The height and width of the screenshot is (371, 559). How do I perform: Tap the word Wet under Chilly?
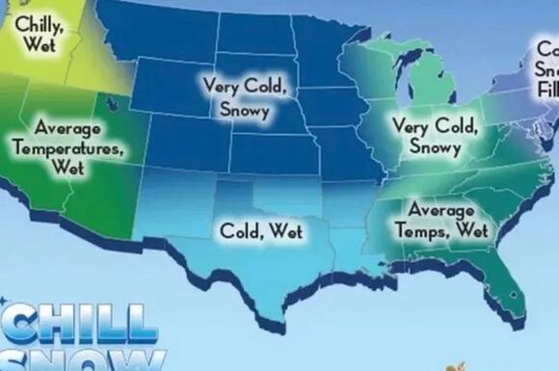click(x=40, y=44)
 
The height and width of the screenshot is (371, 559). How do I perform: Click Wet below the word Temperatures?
click(x=69, y=168)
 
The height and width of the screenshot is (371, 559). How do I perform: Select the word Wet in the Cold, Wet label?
click(x=286, y=231)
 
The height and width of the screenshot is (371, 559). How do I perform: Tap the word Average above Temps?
click(x=440, y=211)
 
